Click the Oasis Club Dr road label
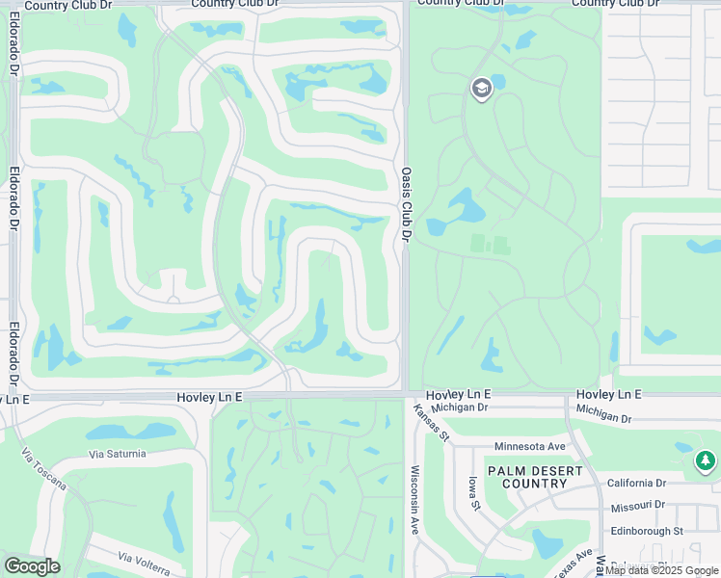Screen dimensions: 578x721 (x=406, y=202)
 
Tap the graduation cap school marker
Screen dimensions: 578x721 (x=480, y=90)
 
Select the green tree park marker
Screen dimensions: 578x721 (x=706, y=461)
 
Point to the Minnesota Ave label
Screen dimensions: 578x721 (x=529, y=447)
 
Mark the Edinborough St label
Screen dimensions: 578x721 (x=645, y=531)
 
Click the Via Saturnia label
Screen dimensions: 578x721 (x=117, y=454)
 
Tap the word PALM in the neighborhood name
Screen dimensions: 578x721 (x=511, y=470)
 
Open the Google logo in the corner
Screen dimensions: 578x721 (x=31, y=566)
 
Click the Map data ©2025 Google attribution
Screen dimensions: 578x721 (x=661, y=570)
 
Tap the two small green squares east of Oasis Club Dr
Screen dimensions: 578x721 (x=489, y=245)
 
